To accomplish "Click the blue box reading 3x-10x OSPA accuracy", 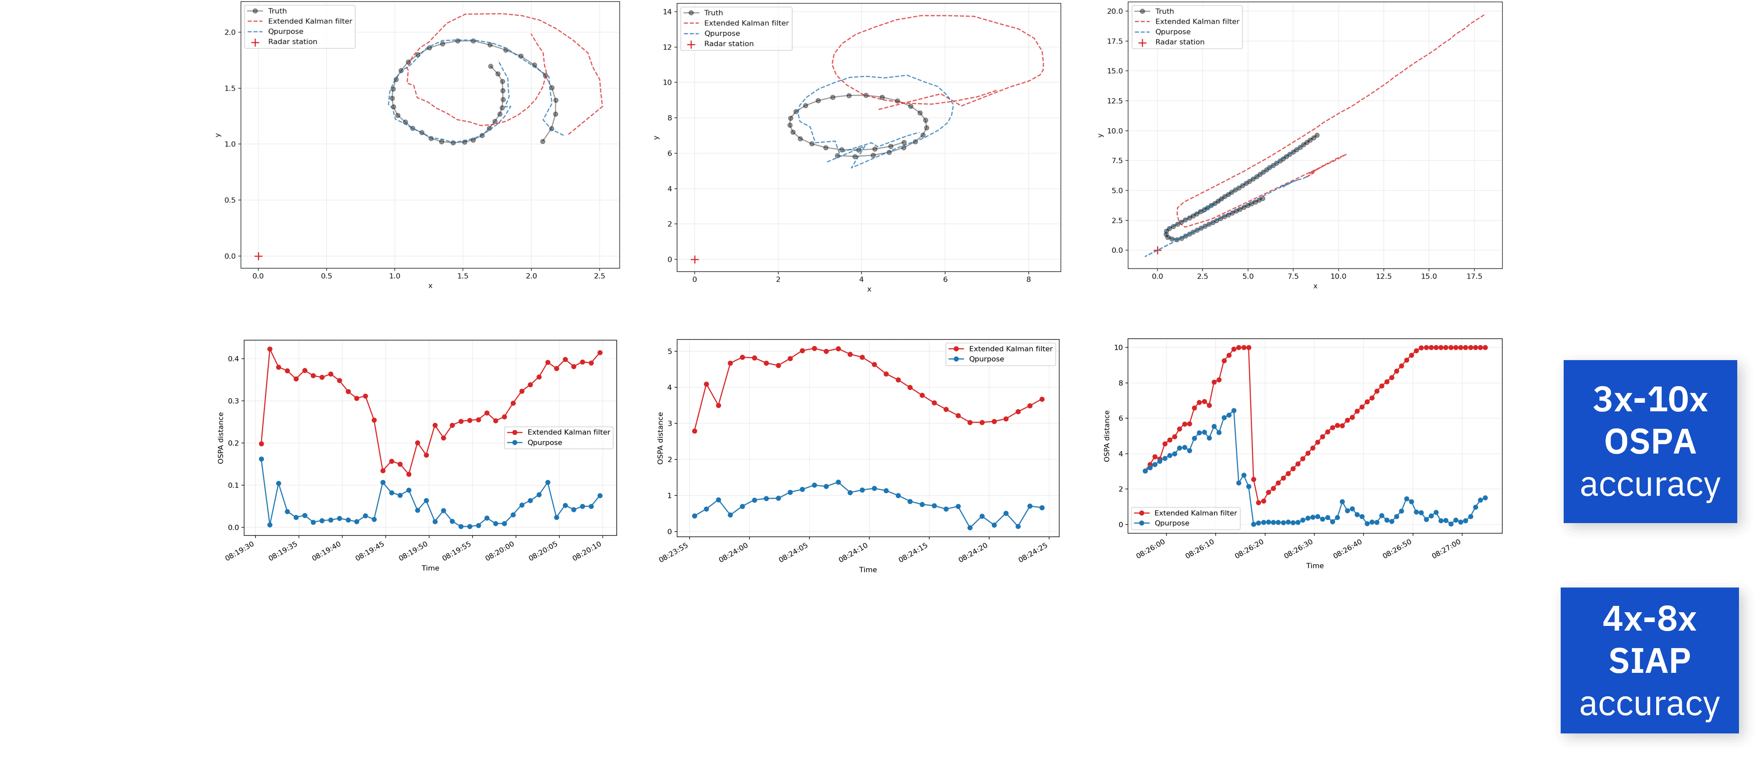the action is tap(1650, 441).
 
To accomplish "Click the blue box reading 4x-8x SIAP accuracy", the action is tap(1649, 660).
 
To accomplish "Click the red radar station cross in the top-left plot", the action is tap(258, 256).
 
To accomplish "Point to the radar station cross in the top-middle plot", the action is tap(694, 259).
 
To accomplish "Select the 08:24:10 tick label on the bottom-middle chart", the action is tap(853, 552).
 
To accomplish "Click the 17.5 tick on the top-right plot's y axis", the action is tap(1115, 41).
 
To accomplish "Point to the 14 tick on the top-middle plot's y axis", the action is tap(667, 12).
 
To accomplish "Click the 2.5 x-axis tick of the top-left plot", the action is tap(599, 276).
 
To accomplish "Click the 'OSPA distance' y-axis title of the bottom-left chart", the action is tap(220, 438).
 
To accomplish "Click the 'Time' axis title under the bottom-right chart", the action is tap(1315, 566).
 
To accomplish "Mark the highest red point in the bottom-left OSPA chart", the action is tap(270, 349).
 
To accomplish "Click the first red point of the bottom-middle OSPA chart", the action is tap(694, 431).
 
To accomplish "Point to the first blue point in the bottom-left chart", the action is tap(261, 459).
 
